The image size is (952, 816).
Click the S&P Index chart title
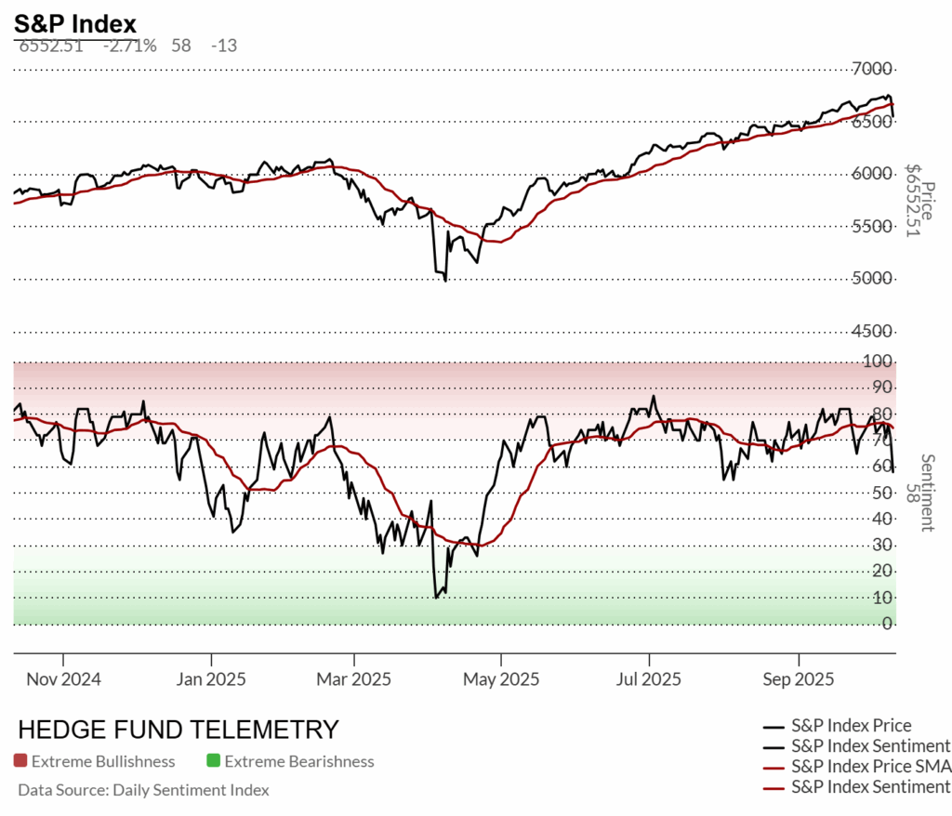(x=75, y=23)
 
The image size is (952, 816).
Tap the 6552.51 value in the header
(x=51, y=45)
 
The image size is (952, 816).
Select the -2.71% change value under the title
(x=129, y=45)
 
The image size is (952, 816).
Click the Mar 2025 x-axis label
(x=354, y=679)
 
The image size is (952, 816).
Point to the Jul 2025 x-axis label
(x=647, y=679)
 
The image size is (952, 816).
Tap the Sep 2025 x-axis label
(x=793, y=679)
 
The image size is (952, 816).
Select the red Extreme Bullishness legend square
(x=20, y=761)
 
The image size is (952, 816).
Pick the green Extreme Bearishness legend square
(x=213, y=761)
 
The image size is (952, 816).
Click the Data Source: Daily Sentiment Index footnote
(x=143, y=790)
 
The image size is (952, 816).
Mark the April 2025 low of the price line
(x=445, y=280)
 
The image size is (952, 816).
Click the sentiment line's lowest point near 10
(x=435, y=597)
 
